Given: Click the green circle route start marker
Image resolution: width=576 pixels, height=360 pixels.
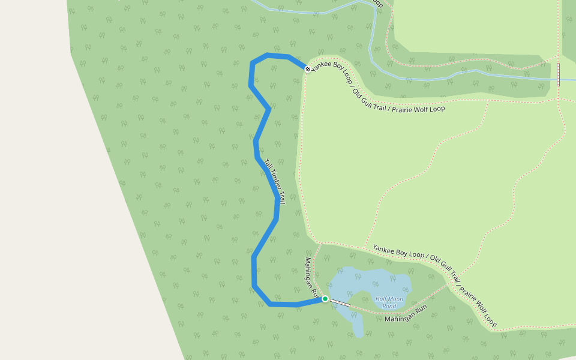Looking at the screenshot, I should click(325, 299).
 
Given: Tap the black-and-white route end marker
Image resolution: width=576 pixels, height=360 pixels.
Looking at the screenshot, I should click(308, 69).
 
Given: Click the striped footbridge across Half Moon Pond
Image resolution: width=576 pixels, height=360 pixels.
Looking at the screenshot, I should click(340, 304).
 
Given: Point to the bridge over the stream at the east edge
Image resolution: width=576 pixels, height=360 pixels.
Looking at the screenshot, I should click(558, 75).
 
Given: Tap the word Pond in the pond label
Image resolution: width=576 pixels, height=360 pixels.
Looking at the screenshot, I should click(389, 306).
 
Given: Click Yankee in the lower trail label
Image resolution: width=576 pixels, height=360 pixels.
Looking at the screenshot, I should click(385, 249).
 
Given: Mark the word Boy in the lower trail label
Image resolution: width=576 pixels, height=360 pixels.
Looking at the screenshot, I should click(406, 253).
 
